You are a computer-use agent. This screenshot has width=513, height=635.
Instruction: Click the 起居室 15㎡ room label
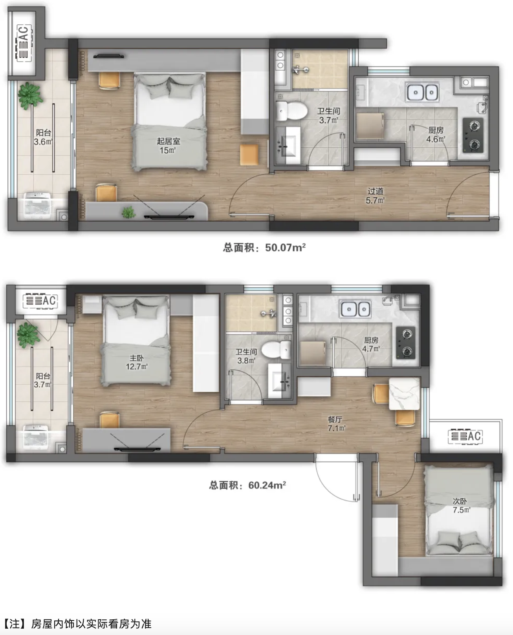click(168, 146)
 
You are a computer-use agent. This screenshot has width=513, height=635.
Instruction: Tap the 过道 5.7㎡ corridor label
click(375, 196)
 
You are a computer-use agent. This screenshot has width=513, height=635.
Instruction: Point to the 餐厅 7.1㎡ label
click(336, 424)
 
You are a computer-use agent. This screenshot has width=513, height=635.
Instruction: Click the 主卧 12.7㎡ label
click(137, 362)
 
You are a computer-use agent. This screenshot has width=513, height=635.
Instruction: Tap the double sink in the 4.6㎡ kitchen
click(422, 92)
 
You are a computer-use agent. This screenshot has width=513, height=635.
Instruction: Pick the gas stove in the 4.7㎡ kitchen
click(406, 343)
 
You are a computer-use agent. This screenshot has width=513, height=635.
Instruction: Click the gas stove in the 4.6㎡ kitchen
click(473, 135)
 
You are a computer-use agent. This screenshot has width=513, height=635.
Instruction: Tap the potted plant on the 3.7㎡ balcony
click(29, 335)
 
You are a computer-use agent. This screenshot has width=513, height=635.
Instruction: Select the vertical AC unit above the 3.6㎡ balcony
click(24, 43)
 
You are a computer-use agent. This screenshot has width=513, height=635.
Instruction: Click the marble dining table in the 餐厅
click(404, 394)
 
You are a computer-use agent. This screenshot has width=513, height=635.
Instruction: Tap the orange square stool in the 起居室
click(249, 155)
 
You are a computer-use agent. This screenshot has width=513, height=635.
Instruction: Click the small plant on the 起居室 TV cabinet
click(128, 212)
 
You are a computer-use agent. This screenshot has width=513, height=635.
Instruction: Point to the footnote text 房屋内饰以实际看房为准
click(91, 624)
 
